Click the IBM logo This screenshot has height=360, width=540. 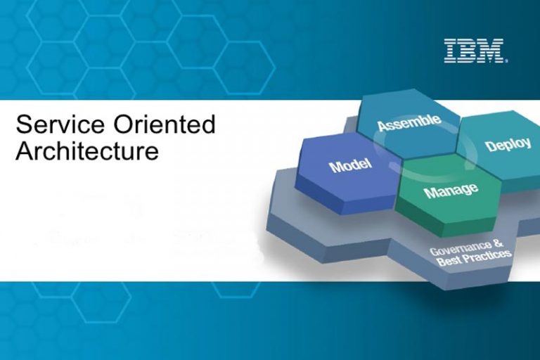coord(475,51)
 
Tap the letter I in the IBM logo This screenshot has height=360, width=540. coord(451,51)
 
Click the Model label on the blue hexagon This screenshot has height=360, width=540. coord(349,167)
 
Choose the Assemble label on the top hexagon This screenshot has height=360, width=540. coord(409,123)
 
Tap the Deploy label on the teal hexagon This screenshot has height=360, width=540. coord(508,145)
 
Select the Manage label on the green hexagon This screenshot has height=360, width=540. coord(450,190)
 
